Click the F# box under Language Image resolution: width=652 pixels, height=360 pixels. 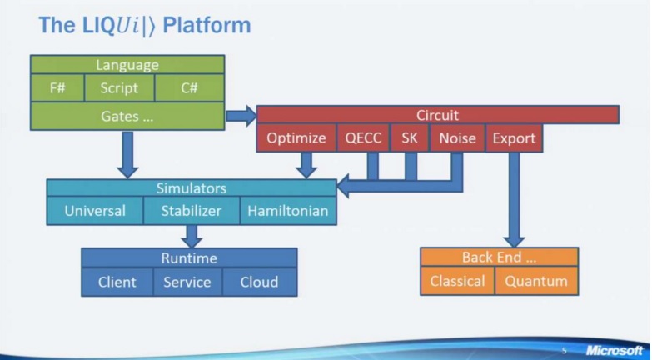57,87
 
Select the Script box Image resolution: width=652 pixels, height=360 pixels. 119,87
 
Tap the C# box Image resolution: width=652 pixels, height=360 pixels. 190,87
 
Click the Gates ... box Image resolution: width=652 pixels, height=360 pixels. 127,116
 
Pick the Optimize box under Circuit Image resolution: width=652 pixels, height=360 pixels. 296,137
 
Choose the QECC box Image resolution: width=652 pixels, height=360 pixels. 363,137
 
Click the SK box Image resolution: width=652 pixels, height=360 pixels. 410,137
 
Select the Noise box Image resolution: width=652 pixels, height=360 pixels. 457,137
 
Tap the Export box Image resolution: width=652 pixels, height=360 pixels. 514,137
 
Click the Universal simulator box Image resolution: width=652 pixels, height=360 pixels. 95,211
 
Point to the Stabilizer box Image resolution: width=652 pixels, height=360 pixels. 192,211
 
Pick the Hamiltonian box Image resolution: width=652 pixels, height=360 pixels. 288,211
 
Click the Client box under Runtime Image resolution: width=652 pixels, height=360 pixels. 117,282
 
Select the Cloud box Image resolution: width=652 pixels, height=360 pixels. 260,282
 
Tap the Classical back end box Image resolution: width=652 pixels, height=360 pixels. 457,281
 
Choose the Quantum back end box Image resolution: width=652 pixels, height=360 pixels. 536,281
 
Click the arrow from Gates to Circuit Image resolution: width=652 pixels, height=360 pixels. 241,115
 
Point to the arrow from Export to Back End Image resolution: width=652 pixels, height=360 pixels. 514,200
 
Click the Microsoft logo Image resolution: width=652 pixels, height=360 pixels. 615,351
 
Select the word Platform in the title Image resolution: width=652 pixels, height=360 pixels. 207,25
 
